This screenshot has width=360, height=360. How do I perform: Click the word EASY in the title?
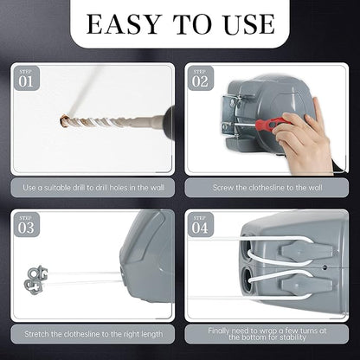pos(125,23)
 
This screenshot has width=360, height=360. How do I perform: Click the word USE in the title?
pos(247,23)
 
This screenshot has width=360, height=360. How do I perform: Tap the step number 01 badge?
pos(28,81)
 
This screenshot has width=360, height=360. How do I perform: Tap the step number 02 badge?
pos(201,81)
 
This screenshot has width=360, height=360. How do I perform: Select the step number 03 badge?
pos(28,228)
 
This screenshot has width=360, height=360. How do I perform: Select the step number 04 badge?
pos(201,228)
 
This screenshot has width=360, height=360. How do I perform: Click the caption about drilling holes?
pos(93,187)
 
